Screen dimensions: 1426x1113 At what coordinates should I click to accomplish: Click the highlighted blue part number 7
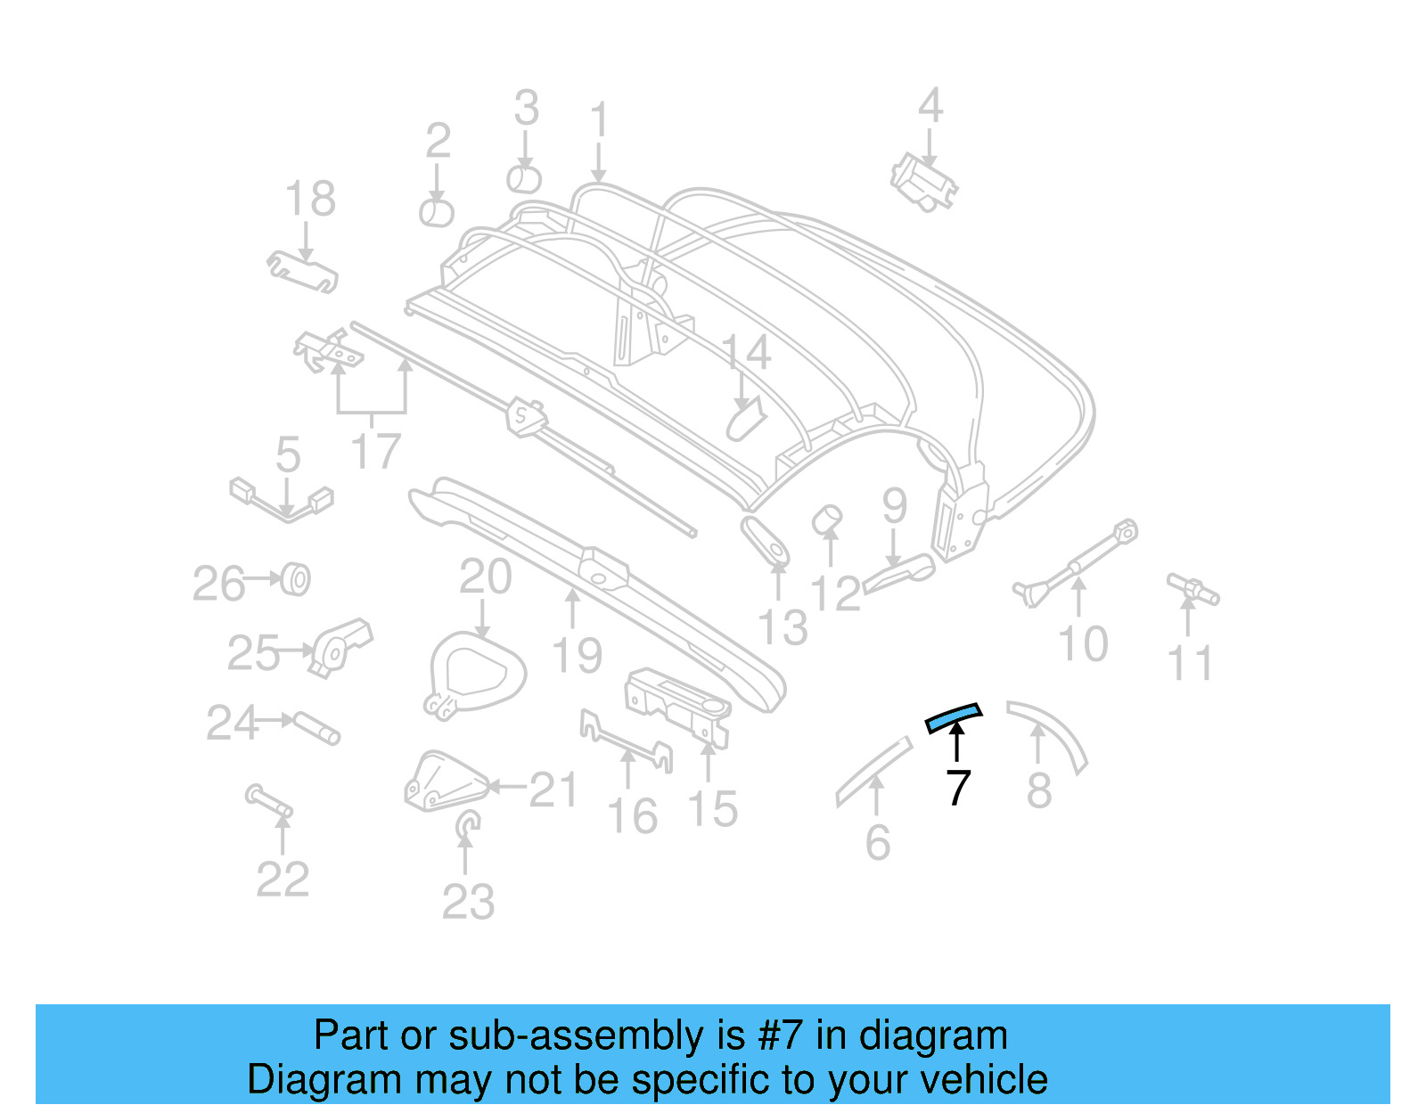pos(954,716)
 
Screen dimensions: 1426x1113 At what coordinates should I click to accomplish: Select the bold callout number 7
pos(957,788)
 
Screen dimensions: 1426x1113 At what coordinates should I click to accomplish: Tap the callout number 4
pos(930,106)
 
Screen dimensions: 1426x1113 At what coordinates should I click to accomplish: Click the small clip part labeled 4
pos(924,183)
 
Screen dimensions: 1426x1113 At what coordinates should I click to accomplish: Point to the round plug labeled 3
pos(524,178)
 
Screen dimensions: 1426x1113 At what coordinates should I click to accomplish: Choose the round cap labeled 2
pos(437,213)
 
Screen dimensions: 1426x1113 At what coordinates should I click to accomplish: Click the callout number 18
pos(310,199)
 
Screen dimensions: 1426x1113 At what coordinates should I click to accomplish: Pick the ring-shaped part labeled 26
pos(295,580)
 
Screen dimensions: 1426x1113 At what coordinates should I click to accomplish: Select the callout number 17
pos(376,451)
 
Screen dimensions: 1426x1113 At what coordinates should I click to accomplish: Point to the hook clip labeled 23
pos(466,827)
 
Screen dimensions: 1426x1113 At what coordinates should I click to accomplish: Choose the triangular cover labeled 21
pos(444,782)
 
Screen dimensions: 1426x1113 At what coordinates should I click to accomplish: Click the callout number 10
pos(1082,643)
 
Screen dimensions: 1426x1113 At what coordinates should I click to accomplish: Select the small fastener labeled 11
pos(1192,589)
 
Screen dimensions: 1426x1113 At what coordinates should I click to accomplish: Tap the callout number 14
pos(745,354)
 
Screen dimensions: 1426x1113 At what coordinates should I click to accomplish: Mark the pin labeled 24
pos(316,727)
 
